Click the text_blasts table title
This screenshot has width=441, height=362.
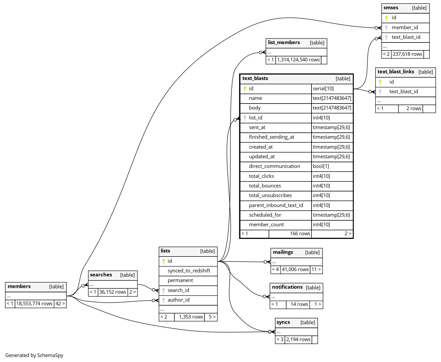coord(255,79)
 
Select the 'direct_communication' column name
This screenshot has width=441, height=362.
coord(274,166)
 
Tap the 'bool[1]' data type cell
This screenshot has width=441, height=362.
coord(321,166)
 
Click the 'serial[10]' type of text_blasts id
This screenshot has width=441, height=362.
coord(323,89)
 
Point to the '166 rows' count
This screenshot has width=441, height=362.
coord(300,234)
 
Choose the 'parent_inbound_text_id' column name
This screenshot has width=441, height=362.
coord(276,205)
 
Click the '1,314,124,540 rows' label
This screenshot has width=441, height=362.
coord(298,60)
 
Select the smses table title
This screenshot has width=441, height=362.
coord(391,8)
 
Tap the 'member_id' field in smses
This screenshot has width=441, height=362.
coord(405,28)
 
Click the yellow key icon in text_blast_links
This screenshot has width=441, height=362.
coord(380,82)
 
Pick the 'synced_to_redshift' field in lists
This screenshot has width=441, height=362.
coord(189,271)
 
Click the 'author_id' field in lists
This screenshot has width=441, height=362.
coord(178,300)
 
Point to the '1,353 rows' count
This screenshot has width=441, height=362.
coord(191,317)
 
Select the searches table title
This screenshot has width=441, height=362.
coord(101,275)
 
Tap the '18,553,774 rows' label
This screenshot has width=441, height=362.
coord(34,304)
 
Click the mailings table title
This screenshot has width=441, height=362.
coord(283,253)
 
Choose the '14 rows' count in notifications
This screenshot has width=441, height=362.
coord(299,304)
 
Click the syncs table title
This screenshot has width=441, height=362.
coord(283,323)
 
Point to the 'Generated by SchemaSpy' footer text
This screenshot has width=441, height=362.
coord(34,355)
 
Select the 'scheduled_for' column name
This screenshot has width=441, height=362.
coord(265,215)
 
